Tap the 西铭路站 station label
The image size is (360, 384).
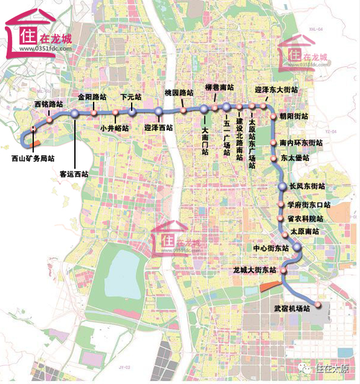click(48, 105)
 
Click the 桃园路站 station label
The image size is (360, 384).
click(179, 93)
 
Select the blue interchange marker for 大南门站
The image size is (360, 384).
click(204, 109)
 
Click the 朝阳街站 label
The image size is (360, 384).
click(294, 116)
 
